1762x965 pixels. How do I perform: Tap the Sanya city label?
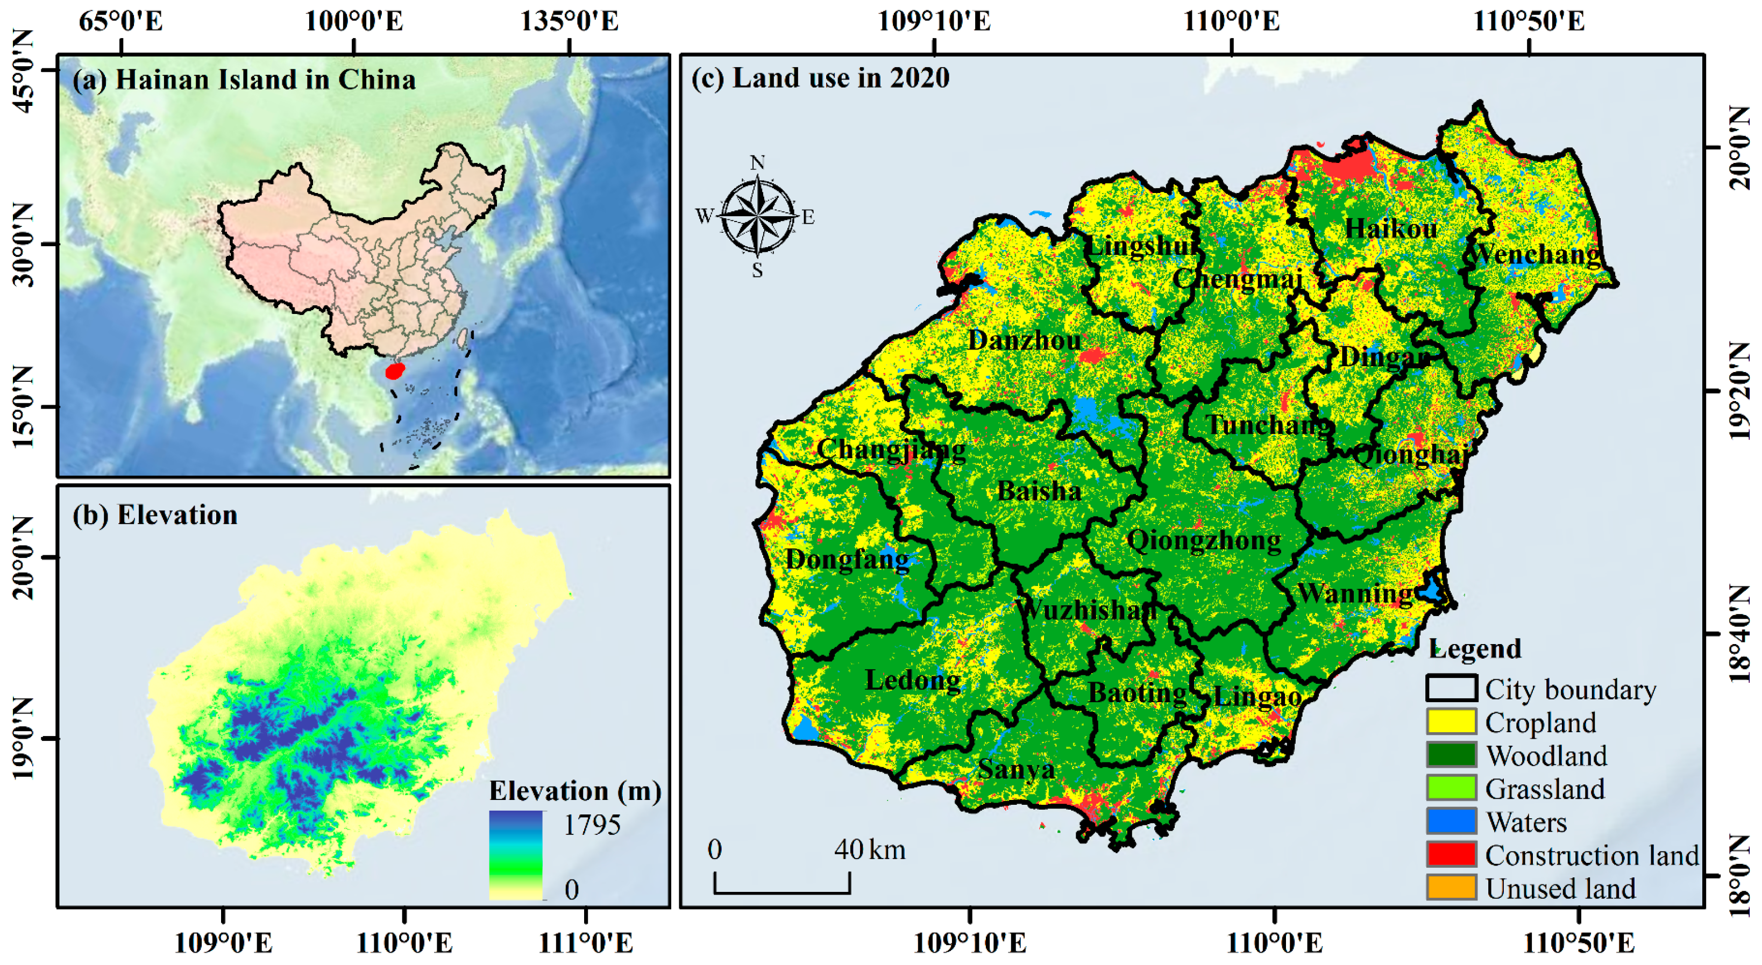[1016, 769]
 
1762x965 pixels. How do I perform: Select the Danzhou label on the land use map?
[1024, 340]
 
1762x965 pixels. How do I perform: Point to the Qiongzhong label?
[1204, 540]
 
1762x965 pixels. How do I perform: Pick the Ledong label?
[913, 680]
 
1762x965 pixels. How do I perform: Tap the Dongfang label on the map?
[847, 560]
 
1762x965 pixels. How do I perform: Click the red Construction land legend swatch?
[1451, 854]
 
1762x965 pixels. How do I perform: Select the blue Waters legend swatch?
[1451, 821]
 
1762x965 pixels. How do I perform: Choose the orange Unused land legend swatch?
[1451, 888]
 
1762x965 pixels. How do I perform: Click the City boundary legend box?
[1451, 688]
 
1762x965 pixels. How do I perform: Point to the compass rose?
[757, 216]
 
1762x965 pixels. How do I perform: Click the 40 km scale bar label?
[869, 850]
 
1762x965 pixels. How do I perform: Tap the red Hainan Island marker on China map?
[395, 371]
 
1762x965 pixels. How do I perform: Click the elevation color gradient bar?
[516, 855]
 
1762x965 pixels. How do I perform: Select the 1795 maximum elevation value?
[592, 825]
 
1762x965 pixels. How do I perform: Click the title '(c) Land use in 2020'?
[820, 78]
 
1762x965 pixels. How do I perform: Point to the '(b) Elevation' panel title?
[155, 515]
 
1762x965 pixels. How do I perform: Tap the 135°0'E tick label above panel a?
[569, 21]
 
